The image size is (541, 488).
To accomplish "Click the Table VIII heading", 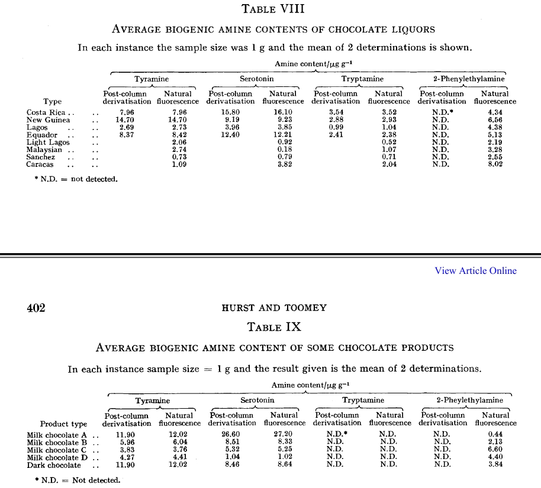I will click(273, 9).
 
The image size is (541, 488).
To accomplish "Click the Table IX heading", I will click(274, 327).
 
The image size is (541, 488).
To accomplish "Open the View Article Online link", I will click(475, 271).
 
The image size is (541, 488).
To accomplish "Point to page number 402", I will click(37, 308).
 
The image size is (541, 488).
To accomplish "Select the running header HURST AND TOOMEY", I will click(273, 308).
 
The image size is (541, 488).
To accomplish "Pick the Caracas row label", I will click(40, 164).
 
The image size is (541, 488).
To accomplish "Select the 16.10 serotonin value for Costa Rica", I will click(283, 112).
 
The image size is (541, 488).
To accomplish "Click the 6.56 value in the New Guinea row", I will click(495, 120).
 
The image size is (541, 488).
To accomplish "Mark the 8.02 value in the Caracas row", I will click(495, 164).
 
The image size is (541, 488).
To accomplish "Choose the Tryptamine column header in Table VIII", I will click(362, 79).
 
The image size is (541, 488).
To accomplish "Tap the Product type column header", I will click(63, 424).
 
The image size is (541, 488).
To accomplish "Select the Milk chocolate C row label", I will click(62, 450).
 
